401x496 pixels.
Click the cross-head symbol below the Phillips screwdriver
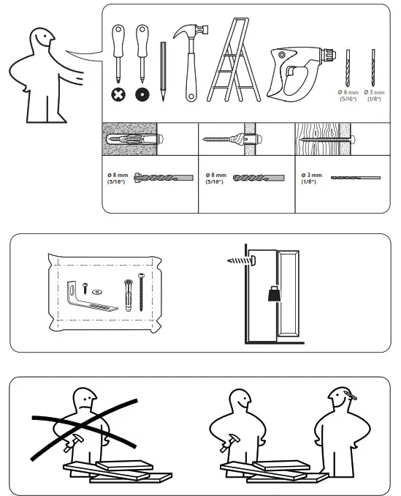[117, 94]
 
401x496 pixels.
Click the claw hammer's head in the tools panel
[191, 32]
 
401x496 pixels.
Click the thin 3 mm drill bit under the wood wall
[355, 177]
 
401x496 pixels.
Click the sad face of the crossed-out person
[87, 401]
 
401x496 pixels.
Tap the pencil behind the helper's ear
[352, 397]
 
